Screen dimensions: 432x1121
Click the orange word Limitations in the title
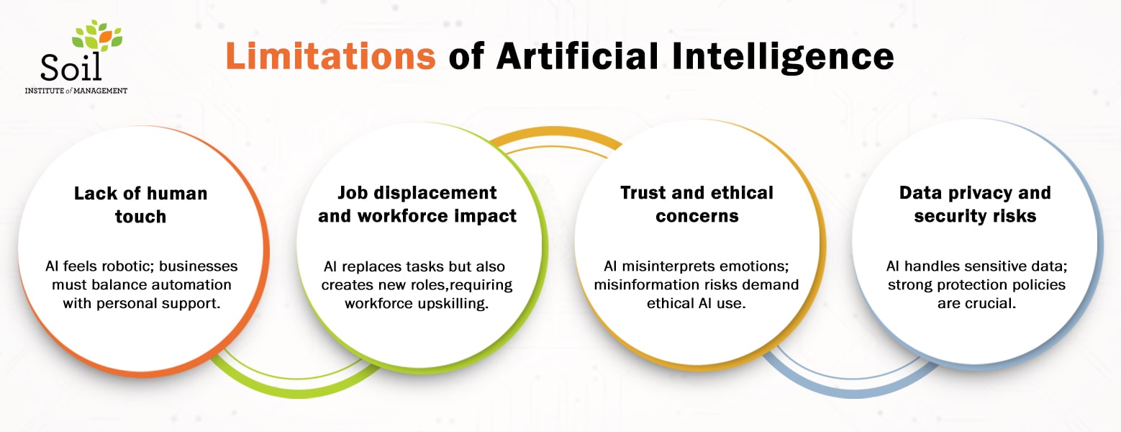330,56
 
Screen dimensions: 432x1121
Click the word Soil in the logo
71,66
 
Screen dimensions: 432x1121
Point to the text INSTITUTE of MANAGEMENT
76,91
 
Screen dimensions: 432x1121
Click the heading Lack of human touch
141,204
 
